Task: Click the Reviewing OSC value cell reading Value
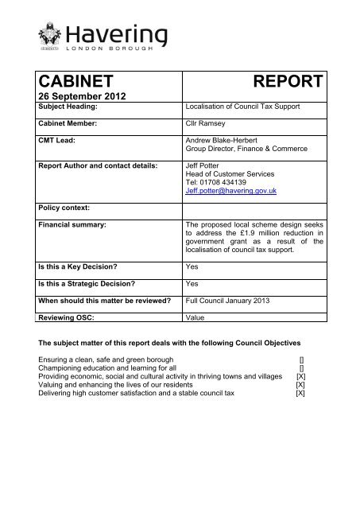tap(195, 318)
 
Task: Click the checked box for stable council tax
tap(300, 393)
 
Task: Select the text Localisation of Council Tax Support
tap(241, 108)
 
